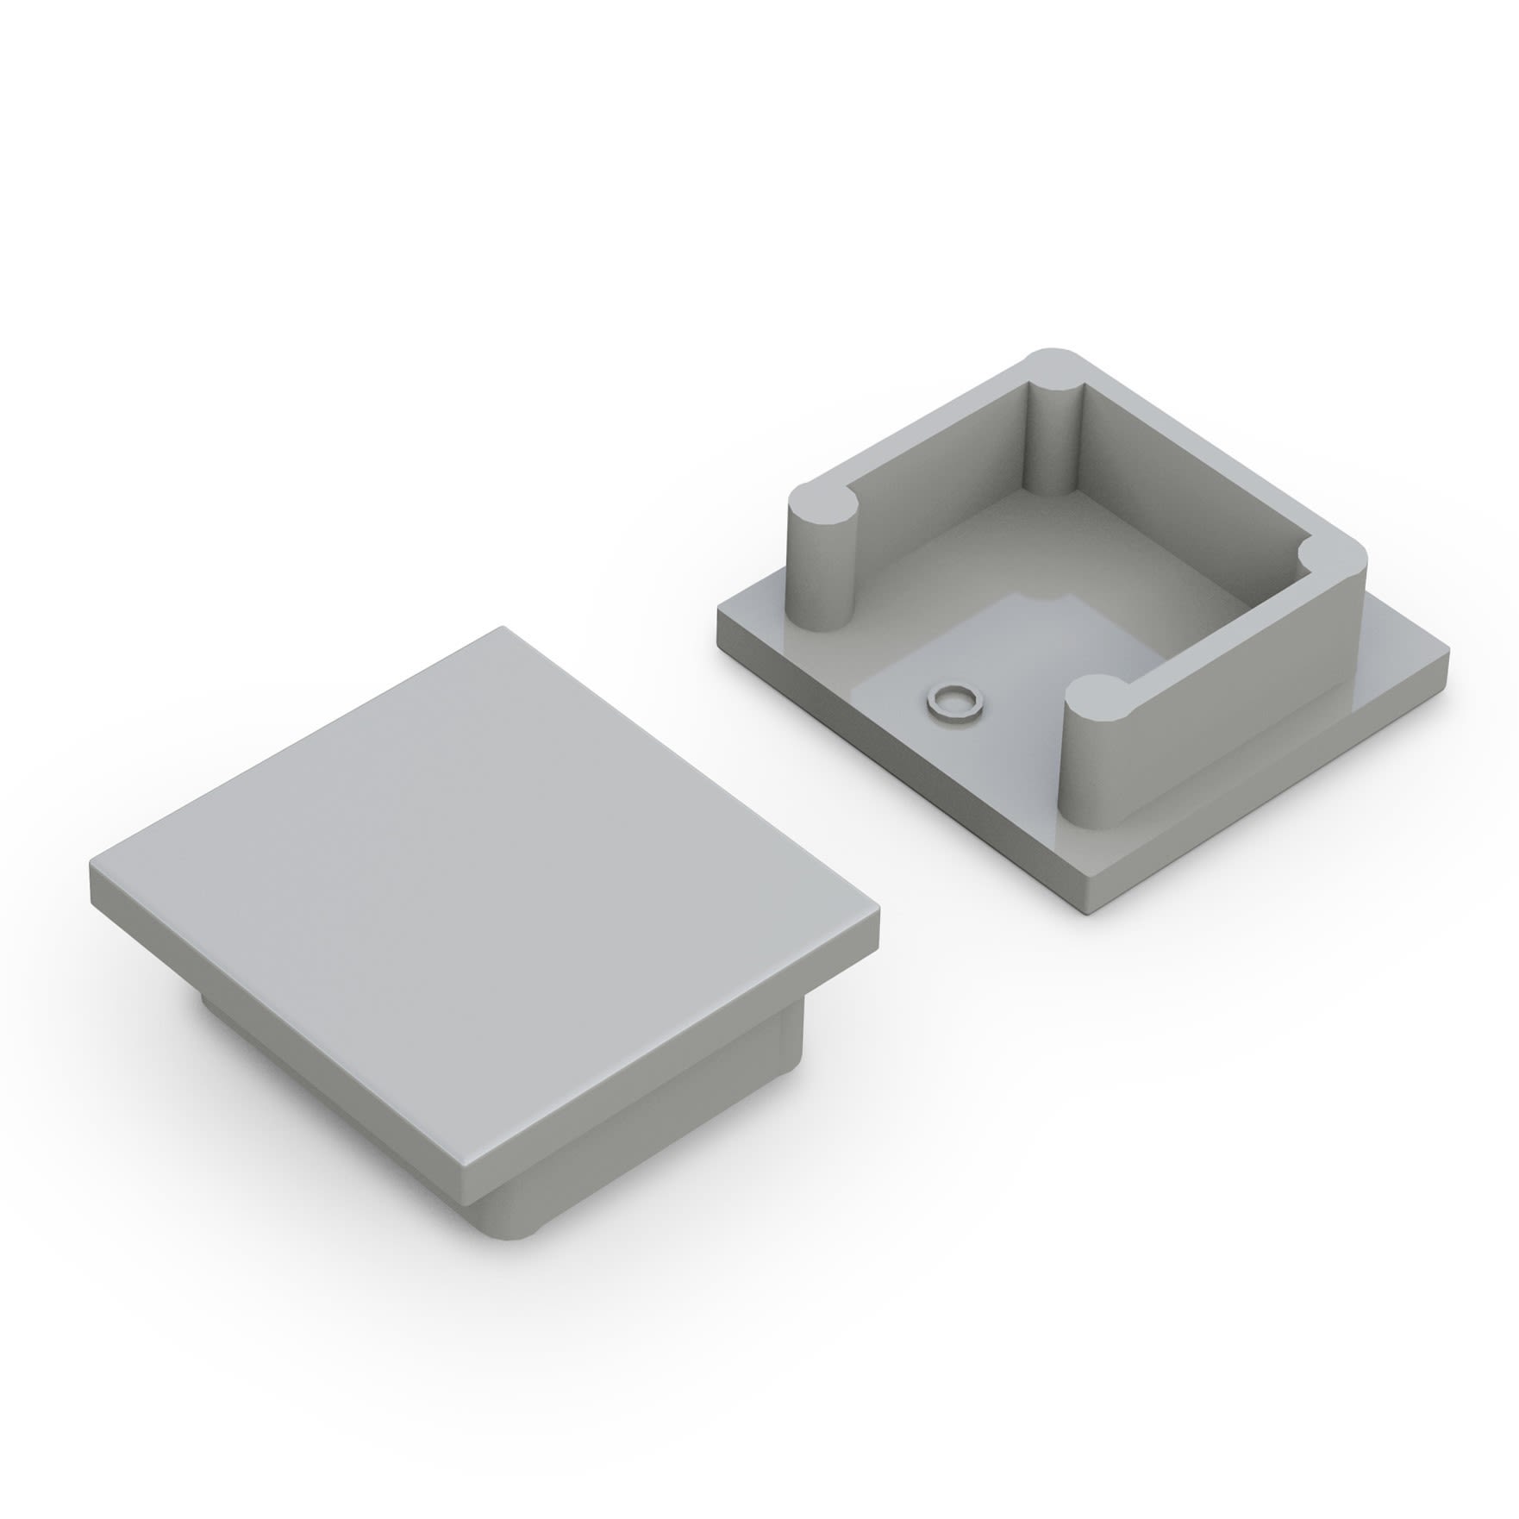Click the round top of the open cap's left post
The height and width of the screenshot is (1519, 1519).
[x=825, y=506]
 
